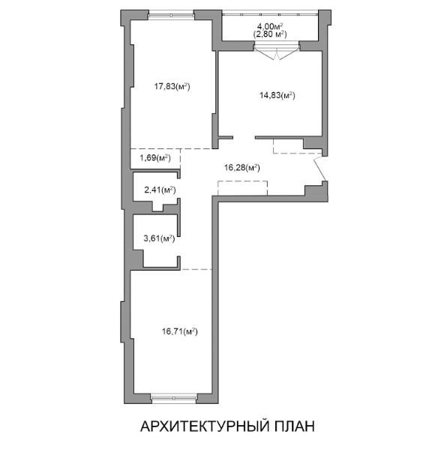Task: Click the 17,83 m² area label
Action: point(172,86)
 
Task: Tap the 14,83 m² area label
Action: point(277,95)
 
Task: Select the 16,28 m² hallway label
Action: point(242,167)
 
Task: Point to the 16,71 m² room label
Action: point(180,331)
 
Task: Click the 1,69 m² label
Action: point(155,157)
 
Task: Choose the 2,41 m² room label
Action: point(160,190)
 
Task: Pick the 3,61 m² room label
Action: point(159,238)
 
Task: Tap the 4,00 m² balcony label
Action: point(270,27)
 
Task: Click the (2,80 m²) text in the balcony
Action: point(270,34)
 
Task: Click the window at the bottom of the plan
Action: point(174,398)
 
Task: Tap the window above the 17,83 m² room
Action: point(171,15)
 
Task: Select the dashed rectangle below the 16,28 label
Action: point(242,188)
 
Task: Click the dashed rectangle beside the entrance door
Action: point(297,146)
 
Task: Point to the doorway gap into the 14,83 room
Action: point(244,137)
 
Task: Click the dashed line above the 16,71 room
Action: point(196,270)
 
